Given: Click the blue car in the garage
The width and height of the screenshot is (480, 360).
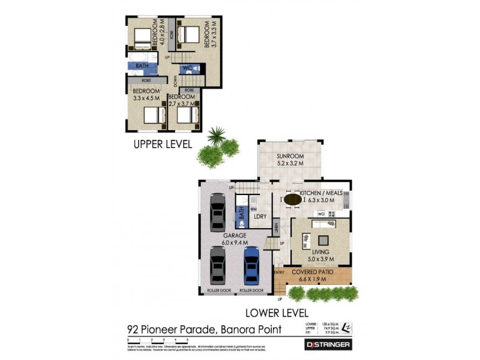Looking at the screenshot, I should (x=251, y=265).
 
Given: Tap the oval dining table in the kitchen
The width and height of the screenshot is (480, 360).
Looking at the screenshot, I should (x=293, y=199).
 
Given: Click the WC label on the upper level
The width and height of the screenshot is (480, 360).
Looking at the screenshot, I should (x=187, y=68).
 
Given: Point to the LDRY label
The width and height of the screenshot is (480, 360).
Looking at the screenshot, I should (x=260, y=217).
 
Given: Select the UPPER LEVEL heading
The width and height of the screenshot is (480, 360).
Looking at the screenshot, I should (x=163, y=144).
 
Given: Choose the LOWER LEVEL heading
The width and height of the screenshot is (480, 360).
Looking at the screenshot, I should (x=277, y=313).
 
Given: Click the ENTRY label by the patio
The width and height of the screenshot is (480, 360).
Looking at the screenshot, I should (x=279, y=273).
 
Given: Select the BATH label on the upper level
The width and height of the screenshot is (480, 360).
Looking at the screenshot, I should (x=142, y=66).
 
